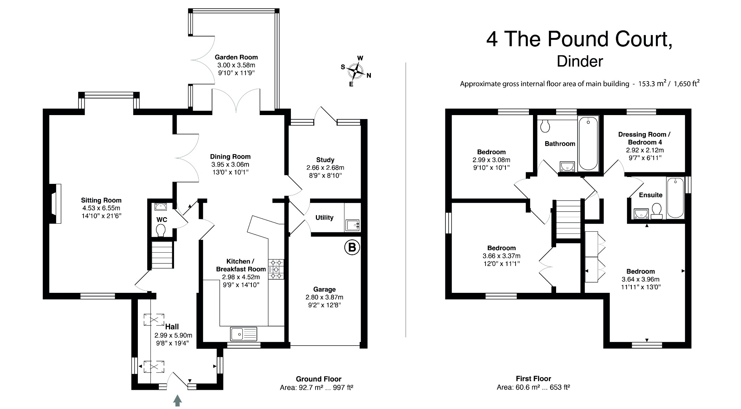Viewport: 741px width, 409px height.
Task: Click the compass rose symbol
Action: tap(357, 71)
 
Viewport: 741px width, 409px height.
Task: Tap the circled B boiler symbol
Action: tap(352, 248)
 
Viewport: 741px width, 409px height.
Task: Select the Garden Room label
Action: tap(236, 57)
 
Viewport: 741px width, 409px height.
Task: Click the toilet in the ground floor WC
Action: tap(160, 230)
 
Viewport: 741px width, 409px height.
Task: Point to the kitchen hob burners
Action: tap(276, 269)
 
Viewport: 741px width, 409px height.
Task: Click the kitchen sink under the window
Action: tap(244, 334)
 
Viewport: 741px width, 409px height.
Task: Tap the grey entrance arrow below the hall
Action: tap(177, 401)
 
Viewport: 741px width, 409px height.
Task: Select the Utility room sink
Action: tap(352, 225)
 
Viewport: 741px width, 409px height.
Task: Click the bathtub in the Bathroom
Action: tap(588, 143)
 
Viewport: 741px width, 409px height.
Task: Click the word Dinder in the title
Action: tap(580, 61)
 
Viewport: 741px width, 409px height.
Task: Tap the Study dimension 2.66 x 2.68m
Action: tap(325, 168)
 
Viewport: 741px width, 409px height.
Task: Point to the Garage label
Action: tap(324, 289)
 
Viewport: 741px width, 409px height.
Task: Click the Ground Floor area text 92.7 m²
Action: tap(301, 388)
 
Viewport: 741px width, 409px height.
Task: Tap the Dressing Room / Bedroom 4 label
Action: tap(644, 138)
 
